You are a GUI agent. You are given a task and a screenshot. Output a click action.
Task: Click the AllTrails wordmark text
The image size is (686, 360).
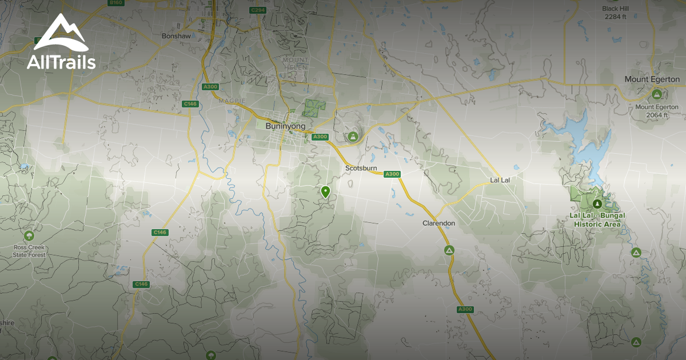point(61,62)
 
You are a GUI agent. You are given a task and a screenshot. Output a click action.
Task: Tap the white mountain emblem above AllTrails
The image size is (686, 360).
point(61,33)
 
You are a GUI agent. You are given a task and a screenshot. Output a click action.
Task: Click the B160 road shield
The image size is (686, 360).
point(116,3)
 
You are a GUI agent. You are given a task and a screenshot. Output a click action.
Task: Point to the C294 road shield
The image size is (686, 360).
point(258,10)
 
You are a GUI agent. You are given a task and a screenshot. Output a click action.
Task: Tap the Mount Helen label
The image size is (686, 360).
point(296,63)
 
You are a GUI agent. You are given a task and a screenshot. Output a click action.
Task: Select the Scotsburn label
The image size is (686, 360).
point(361,168)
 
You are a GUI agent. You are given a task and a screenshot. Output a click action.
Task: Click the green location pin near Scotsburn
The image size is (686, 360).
point(326,192)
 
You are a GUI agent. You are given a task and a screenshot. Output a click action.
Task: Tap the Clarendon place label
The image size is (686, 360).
point(438,223)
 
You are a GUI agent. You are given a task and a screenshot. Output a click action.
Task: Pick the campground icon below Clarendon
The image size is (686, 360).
point(449,250)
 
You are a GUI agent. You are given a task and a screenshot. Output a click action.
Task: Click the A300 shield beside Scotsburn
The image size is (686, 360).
point(392,174)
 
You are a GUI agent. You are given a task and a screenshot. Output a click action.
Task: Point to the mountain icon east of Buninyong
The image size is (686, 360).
point(353,137)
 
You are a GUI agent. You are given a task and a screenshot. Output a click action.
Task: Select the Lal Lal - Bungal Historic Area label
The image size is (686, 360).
point(597,219)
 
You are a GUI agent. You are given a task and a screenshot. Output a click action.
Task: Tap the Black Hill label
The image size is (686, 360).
point(616,9)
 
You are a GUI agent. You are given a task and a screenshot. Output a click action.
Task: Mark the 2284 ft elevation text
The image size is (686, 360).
point(616,17)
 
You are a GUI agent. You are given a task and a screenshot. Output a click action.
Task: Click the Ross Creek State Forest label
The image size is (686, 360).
point(29,251)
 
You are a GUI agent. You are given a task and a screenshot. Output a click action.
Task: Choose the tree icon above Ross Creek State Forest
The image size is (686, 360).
point(29,235)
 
